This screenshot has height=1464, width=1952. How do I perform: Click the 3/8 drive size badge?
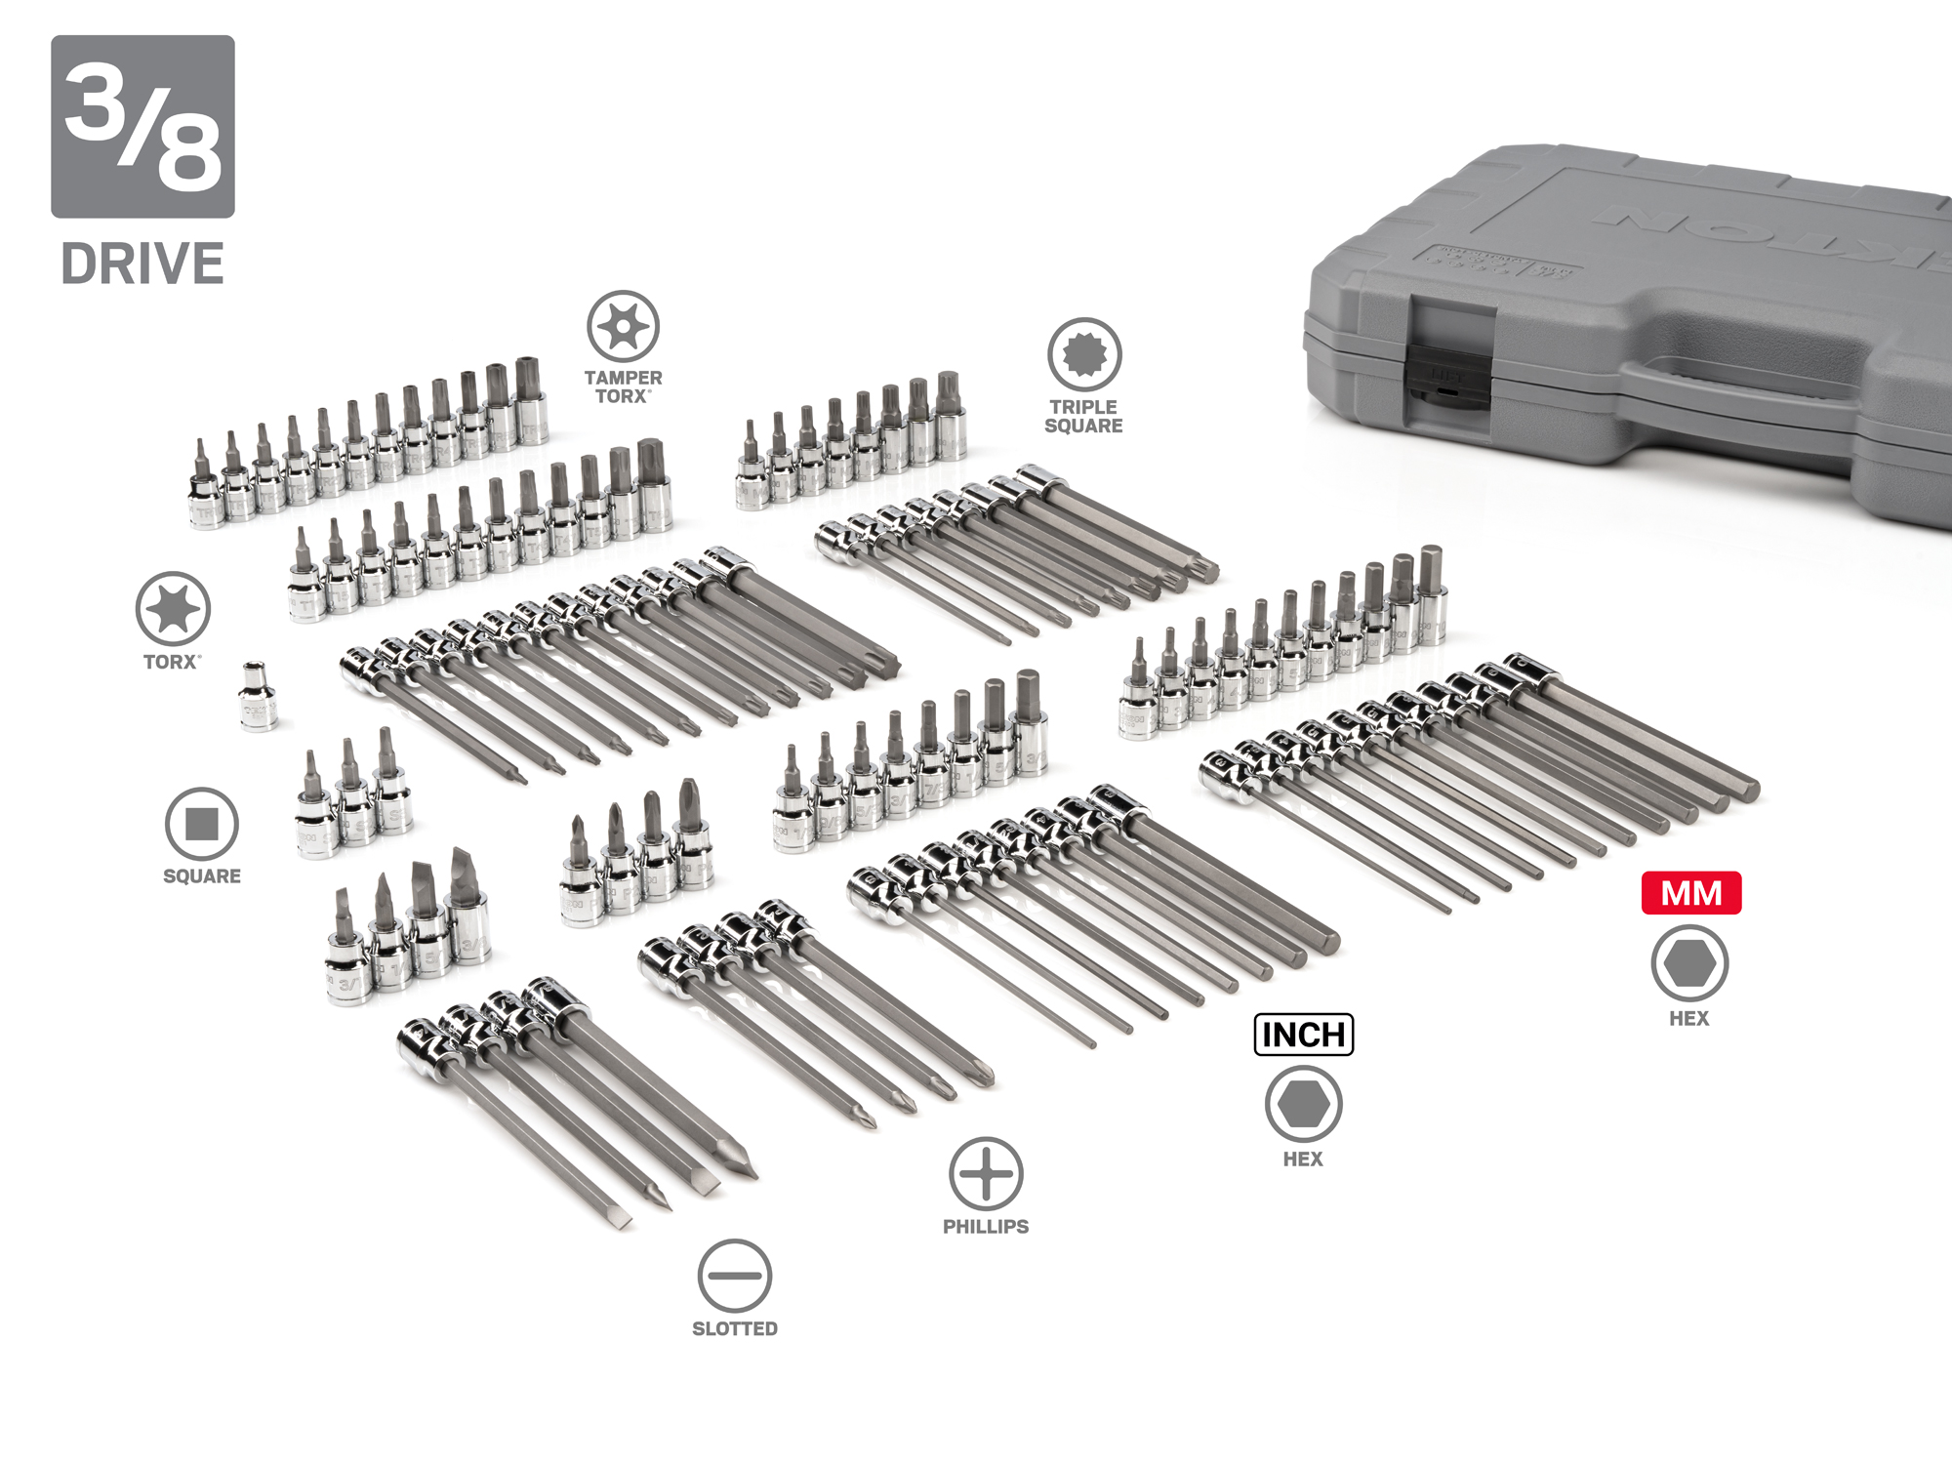(142, 126)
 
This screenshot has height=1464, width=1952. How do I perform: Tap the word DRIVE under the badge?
(142, 264)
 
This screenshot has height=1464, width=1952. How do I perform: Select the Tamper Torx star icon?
(623, 326)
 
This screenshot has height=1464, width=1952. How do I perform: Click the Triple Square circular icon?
(1083, 353)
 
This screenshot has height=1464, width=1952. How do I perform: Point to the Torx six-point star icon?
(173, 609)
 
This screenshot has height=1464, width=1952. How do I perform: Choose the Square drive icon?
(202, 824)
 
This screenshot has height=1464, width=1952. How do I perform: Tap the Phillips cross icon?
(986, 1173)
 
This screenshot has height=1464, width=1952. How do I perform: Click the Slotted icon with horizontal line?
(735, 1276)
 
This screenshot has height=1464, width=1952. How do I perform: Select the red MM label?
(1690, 893)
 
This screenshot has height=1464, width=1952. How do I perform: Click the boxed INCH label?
(1303, 1035)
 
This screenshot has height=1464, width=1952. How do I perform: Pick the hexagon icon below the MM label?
(1689, 963)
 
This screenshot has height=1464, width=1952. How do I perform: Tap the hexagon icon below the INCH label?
(1303, 1104)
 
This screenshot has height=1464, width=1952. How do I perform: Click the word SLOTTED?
(735, 1328)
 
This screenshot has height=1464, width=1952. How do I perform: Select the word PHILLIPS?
(986, 1227)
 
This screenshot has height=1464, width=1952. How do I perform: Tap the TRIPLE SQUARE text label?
(1083, 417)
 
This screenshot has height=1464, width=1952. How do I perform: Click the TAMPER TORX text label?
(623, 386)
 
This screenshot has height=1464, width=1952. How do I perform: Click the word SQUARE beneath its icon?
(202, 876)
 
